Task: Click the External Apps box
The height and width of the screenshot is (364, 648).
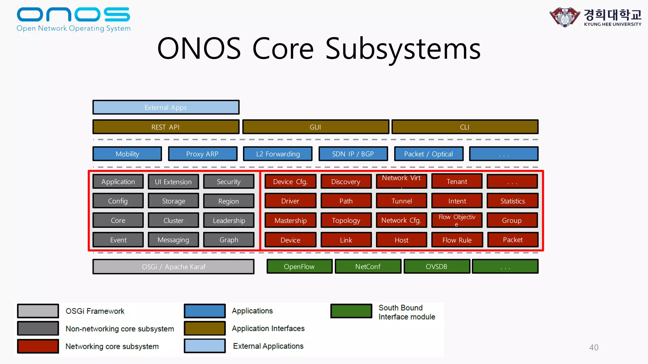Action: click(x=166, y=107)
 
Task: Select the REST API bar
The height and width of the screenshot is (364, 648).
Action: click(x=166, y=127)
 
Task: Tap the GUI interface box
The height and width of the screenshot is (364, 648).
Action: click(x=315, y=127)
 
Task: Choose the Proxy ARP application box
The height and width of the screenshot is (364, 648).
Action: click(x=202, y=154)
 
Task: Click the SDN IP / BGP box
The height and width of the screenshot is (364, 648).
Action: click(x=353, y=154)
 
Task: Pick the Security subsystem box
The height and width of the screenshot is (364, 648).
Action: click(x=228, y=182)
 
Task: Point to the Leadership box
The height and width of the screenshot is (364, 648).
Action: click(x=228, y=221)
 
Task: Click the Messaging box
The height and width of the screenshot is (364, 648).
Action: click(x=173, y=240)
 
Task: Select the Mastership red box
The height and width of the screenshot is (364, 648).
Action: click(x=290, y=221)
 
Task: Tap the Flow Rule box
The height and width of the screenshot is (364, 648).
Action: click(x=457, y=240)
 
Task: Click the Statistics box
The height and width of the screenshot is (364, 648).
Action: click(x=512, y=201)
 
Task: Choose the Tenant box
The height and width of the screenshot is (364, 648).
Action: click(x=457, y=181)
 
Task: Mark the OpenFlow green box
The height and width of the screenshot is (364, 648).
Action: click(x=299, y=266)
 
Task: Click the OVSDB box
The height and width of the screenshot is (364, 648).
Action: click(x=437, y=266)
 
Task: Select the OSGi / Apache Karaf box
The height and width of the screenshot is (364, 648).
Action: click(x=173, y=267)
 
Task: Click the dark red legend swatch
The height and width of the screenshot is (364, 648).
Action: click(x=38, y=346)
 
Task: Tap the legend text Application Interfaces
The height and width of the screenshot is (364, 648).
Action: click(x=268, y=329)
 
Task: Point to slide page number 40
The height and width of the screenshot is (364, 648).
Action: click(x=594, y=348)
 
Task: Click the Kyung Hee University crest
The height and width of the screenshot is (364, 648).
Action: click(x=564, y=17)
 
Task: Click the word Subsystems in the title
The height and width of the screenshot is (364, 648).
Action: click(x=403, y=49)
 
